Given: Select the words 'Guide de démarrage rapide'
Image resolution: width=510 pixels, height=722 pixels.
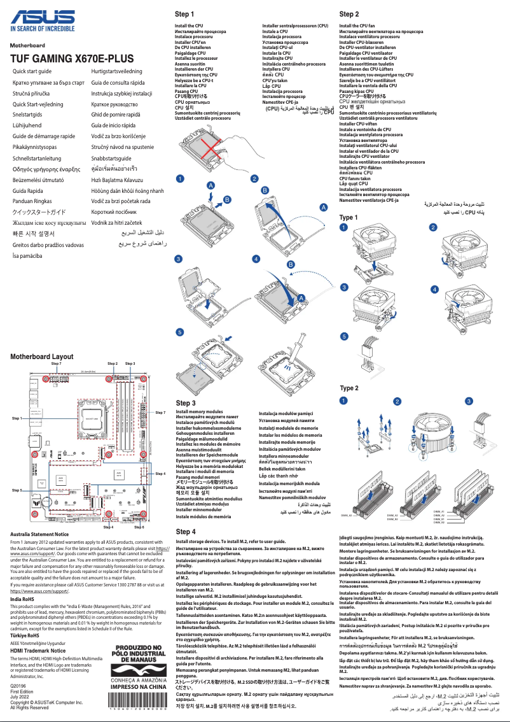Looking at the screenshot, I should (43, 136).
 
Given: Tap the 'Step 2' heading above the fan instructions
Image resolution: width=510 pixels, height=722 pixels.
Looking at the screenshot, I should (349, 13).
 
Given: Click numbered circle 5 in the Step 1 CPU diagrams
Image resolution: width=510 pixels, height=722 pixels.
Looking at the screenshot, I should (179, 331).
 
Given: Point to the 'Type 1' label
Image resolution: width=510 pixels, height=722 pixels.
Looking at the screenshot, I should (348, 218).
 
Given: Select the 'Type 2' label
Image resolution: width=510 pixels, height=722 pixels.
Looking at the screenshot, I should (348, 388).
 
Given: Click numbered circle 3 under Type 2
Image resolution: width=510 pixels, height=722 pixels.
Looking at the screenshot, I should (469, 401).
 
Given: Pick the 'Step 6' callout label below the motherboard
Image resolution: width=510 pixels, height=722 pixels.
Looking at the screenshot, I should (139, 527).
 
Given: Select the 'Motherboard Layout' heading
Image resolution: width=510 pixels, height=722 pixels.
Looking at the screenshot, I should (41, 357).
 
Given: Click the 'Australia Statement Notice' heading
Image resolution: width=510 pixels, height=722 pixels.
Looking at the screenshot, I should (39, 535).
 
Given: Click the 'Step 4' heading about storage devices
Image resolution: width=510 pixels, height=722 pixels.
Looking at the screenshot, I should (185, 532).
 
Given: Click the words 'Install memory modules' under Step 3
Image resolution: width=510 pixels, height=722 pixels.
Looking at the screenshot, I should (199, 413).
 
